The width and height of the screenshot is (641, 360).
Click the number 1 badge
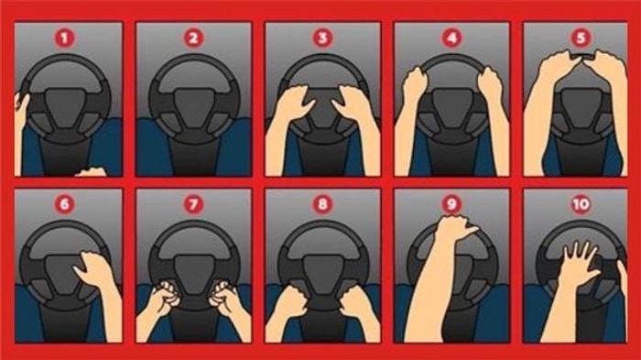(x=65, y=38)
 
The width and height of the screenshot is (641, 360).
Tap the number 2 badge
(x=193, y=38)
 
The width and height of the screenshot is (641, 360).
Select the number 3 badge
(x=322, y=38)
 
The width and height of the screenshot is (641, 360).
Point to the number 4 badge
(x=451, y=38)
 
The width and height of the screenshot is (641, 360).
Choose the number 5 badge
(x=581, y=38)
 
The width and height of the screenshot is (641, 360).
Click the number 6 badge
(x=65, y=203)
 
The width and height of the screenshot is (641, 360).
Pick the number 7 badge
(x=193, y=203)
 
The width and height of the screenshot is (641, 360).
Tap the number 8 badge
(x=322, y=203)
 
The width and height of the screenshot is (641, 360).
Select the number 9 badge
(x=451, y=203)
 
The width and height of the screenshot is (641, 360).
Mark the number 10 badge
(x=581, y=203)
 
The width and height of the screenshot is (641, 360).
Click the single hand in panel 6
(x=93, y=268)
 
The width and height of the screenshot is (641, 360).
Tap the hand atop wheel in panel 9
(x=454, y=228)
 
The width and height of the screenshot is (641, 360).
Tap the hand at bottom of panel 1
(x=92, y=172)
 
